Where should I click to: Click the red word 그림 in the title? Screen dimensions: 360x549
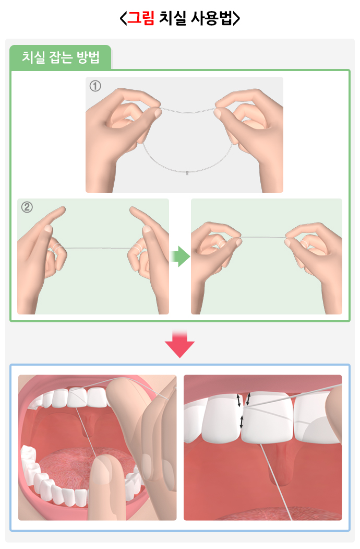[141, 18]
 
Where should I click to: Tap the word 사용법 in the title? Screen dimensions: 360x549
[211, 18]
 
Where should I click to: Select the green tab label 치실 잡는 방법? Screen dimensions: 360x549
[61, 57]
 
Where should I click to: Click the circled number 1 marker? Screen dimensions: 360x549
[95, 86]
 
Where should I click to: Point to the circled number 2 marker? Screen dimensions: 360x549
[27, 207]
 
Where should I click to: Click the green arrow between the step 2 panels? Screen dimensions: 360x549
[180, 256]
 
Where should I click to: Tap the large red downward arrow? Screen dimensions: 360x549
[180, 344]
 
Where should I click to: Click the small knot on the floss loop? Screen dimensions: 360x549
[187, 172]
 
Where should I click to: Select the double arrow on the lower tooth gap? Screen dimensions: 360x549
[242, 422]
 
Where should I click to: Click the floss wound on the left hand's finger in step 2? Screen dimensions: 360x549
[57, 247]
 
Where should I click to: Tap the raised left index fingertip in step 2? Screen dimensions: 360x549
[61, 210]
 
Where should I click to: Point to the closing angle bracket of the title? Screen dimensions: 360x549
[236, 18]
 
